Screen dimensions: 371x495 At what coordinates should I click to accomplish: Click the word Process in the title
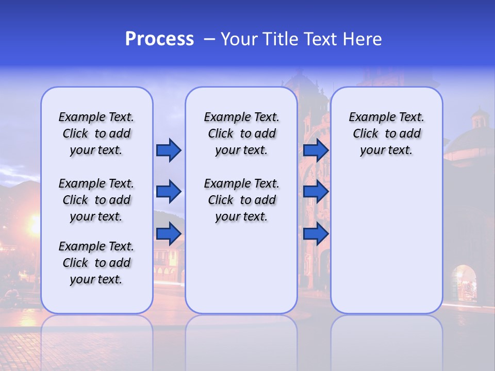tap(159, 39)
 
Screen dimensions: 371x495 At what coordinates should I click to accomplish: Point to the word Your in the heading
tap(239, 39)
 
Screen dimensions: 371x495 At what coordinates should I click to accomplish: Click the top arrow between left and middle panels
tap(169, 150)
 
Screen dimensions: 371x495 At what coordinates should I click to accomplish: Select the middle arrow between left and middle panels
tap(169, 192)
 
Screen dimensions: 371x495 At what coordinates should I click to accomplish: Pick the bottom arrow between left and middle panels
tap(169, 234)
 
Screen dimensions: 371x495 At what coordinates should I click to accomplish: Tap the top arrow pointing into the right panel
tap(316, 150)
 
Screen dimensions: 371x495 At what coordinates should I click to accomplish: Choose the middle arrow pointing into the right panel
tap(316, 192)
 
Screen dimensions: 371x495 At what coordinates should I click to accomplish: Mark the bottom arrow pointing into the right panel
tap(316, 234)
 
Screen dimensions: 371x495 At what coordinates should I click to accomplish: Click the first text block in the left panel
tap(96, 133)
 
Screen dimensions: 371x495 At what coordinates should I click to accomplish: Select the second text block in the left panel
tap(96, 200)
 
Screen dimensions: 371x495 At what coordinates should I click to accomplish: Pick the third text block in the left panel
tap(96, 263)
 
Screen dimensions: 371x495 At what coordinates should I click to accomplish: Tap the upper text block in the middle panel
tap(241, 133)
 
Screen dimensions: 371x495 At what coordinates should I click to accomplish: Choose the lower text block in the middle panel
tap(241, 200)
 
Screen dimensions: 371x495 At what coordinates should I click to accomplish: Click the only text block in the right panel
tap(386, 133)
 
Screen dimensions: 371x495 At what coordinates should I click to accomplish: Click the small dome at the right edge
tap(480, 119)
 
